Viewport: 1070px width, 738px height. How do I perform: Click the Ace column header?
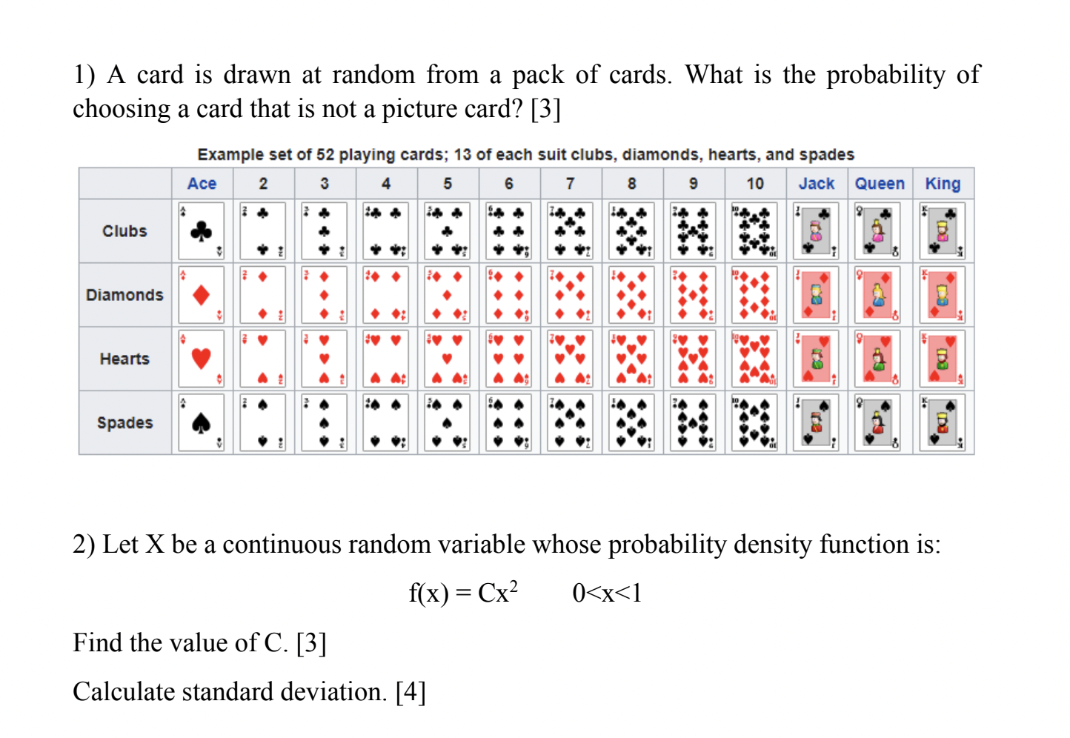point(202,184)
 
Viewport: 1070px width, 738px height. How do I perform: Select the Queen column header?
point(880,184)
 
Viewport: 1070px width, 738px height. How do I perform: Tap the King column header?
point(943,184)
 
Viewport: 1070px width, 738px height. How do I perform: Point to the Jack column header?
point(817,184)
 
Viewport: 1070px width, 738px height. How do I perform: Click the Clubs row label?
point(124,231)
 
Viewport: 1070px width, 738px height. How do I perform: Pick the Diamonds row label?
point(124,295)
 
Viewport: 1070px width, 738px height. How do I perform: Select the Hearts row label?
point(124,359)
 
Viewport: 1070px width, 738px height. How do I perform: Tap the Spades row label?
point(124,422)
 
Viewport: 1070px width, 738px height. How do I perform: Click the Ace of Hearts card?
point(202,359)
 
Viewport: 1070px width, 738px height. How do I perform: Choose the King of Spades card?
point(943,422)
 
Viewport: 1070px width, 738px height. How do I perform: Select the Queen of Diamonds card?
point(878,295)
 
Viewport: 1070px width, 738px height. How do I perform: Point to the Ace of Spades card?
point(202,422)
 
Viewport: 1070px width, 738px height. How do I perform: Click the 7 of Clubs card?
point(570,231)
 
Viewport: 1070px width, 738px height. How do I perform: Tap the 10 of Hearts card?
point(754,359)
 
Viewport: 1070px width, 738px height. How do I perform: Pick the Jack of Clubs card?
point(817,231)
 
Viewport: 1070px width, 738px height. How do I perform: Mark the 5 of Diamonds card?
point(447,295)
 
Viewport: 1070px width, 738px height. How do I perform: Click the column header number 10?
point(754,184)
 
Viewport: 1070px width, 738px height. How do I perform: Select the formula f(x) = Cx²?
point(463,593)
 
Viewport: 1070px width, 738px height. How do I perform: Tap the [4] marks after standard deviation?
point(411,691)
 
